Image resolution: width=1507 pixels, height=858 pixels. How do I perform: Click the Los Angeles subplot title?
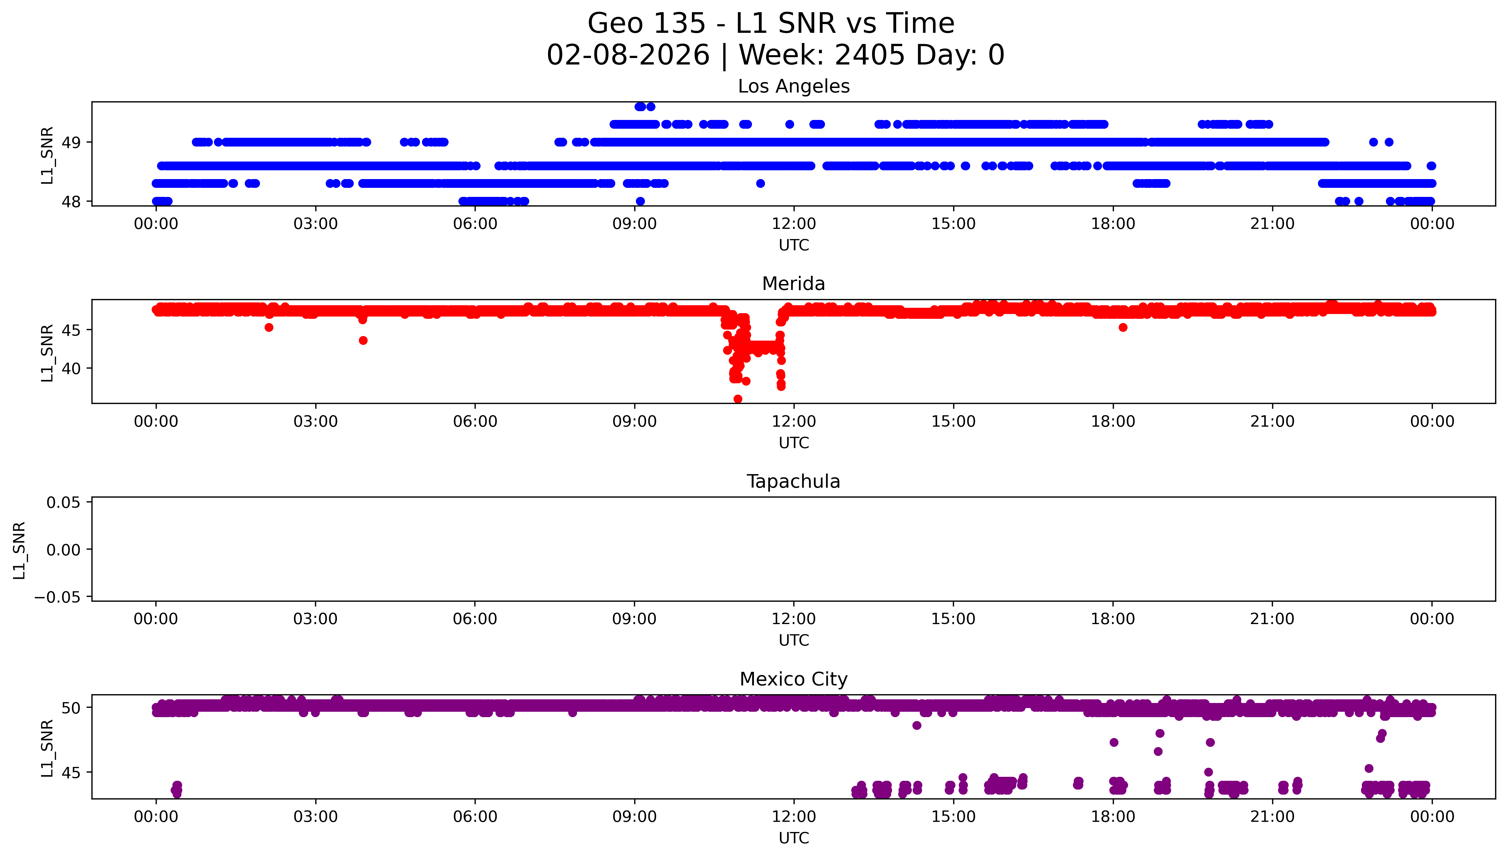pyautogui.click(x=793, y=87)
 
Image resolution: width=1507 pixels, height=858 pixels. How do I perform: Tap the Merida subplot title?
pyautogui.click(x=793, y=284)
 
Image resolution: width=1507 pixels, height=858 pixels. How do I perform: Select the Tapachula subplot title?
pyautogui.click(x=793, y=481)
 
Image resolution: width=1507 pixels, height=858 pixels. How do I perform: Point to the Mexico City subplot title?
pyautogui.click(x=793, y=679)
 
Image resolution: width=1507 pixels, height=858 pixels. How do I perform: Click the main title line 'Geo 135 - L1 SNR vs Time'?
pyautogui.click(x=771, y=23)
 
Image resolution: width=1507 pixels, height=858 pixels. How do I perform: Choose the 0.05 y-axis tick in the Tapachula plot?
pyautogui.click(x=64, y=503)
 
